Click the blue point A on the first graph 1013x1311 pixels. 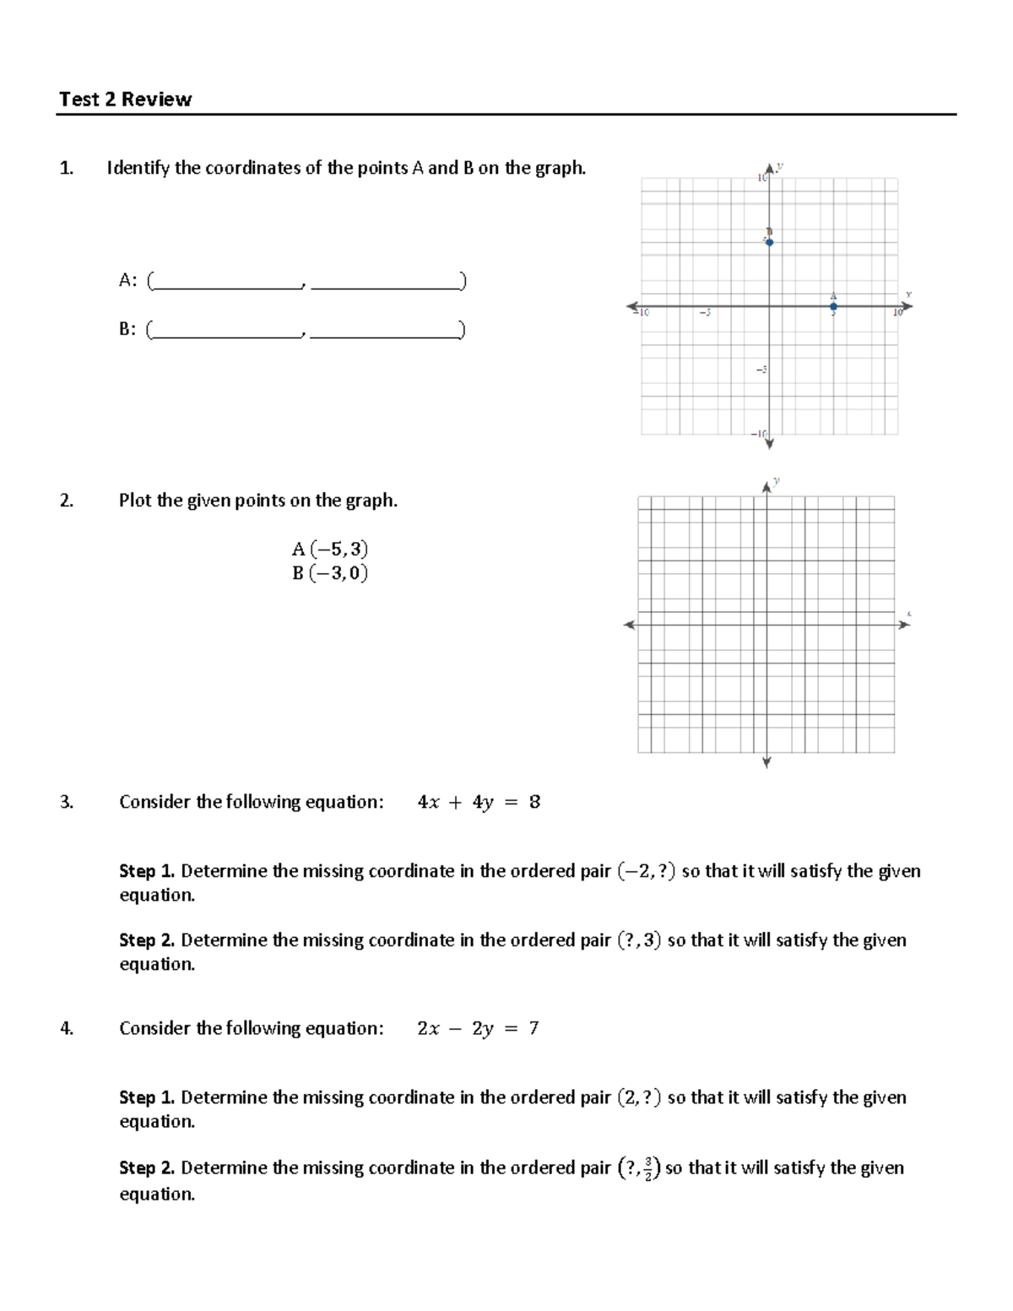pos(833,306)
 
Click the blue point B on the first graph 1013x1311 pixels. pos(769,242)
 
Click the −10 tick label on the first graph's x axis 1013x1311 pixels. pos(642,313)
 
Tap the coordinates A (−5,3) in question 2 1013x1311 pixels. pos(330,550)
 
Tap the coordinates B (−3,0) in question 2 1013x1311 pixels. pos(330,574)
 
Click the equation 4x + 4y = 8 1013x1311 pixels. pos(479,802)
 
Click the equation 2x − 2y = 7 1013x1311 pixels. pos(478,1028)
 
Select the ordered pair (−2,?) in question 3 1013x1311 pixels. pos(646,871)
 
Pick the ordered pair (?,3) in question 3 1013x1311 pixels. pos(639,940)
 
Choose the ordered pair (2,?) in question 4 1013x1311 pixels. pos(639,1097)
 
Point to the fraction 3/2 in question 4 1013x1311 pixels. pos(647,1169)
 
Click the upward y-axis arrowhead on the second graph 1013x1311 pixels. pos(767,487)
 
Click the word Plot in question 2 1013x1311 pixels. pos(135,501)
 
